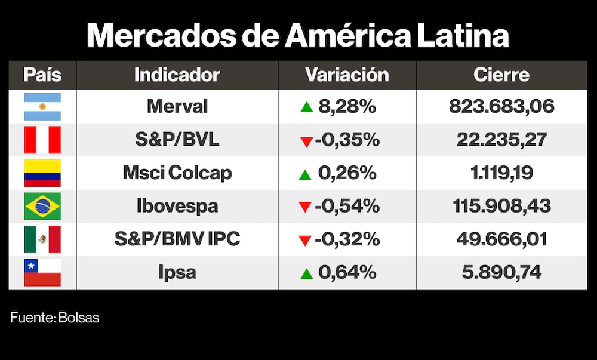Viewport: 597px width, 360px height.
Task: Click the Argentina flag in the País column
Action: [x=42, y=107]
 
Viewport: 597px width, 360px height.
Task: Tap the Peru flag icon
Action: [x=42, y=140]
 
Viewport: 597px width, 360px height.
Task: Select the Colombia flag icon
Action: [x=42, y=173]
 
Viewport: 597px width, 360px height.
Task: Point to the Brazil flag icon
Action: [x=42, y=206]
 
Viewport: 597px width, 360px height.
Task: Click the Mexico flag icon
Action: [x=42, y=239]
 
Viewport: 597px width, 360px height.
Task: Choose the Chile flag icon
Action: [x=42, y=272]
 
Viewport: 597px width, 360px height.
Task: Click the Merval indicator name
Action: [x=177, y=107]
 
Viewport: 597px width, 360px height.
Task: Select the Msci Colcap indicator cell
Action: [x=177, y=173]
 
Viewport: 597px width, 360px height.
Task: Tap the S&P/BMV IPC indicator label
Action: [x=177, y=239]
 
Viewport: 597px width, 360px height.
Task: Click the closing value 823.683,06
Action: [x=501, y=107]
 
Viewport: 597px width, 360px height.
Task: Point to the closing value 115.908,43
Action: [x=501, y=206]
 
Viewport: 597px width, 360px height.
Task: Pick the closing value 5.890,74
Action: [x=501, y=272]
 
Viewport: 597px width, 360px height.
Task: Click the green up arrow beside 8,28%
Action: [x=306, y=108]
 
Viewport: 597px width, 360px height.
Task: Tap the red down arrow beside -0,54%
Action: [x=306, y=208]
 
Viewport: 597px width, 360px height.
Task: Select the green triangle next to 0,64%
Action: [x=306, y=274]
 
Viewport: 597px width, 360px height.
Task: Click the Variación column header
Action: [x=347, y=75]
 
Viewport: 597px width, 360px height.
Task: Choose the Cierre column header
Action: [x=501, y=75]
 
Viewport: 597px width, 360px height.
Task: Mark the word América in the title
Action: [x=347, y=36]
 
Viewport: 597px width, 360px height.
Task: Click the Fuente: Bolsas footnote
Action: [x=55, y=318]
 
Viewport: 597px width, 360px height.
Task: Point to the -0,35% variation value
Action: [x=347, y=140]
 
